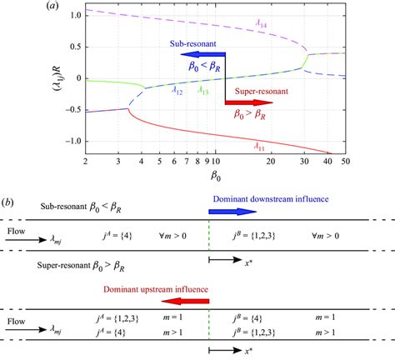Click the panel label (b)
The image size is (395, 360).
[x=9, y=202]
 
